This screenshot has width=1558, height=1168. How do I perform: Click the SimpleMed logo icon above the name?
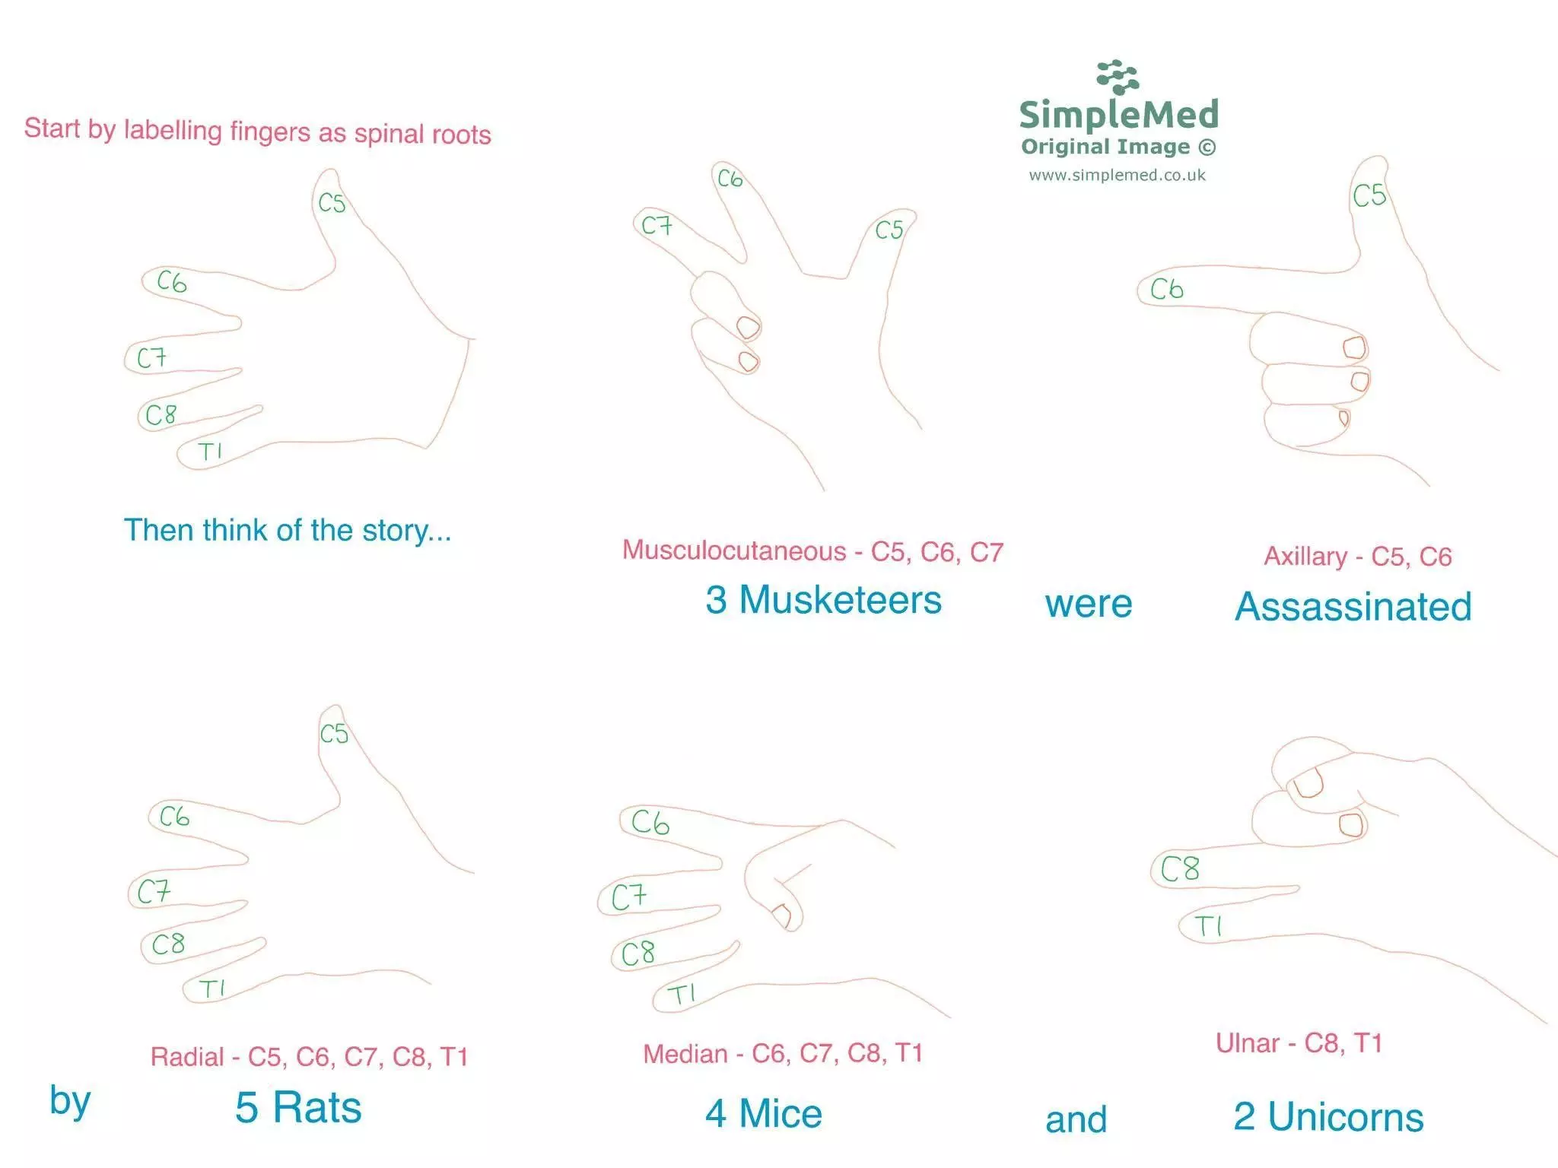(1118, 78)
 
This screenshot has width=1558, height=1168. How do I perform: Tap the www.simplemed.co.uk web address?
(1117, 176)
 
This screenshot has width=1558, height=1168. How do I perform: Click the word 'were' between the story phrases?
(1089, 605)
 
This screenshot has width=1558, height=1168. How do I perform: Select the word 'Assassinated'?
(1353, 607)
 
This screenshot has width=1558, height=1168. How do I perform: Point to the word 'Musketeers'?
(840, 600)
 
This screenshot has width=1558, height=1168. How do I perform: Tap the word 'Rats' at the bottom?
(317, 1107)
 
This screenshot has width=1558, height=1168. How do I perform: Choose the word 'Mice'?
(781, 1114)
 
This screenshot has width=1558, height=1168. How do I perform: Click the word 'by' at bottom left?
(70, 1101)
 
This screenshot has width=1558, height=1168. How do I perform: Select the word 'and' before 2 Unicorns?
(1076, 1120)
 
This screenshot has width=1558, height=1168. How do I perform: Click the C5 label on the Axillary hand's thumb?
(1369, 195)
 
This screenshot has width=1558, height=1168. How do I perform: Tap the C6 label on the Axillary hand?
(1166, 289)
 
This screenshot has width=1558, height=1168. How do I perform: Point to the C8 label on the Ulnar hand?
(1180, 868)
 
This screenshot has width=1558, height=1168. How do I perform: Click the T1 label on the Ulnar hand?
(1208, 926)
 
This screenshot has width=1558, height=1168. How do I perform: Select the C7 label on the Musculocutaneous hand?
(657, 225)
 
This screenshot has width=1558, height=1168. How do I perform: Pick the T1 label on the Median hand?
(681, 994)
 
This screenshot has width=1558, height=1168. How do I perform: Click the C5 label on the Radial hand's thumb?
(334, 734)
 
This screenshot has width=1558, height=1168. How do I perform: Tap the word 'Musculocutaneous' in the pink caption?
(734, 551)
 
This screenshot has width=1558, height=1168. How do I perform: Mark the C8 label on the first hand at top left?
(161, 414)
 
